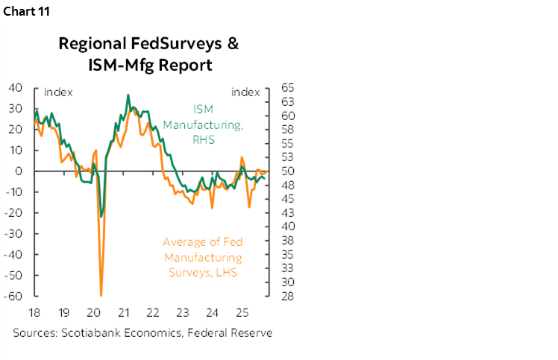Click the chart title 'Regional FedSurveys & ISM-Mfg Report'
coord(148,54)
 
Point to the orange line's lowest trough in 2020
coord(101,295)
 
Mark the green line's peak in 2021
coord(128,95)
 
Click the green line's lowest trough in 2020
coord(101,217)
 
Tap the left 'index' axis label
coord(57,92)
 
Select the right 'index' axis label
coord(245,92)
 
